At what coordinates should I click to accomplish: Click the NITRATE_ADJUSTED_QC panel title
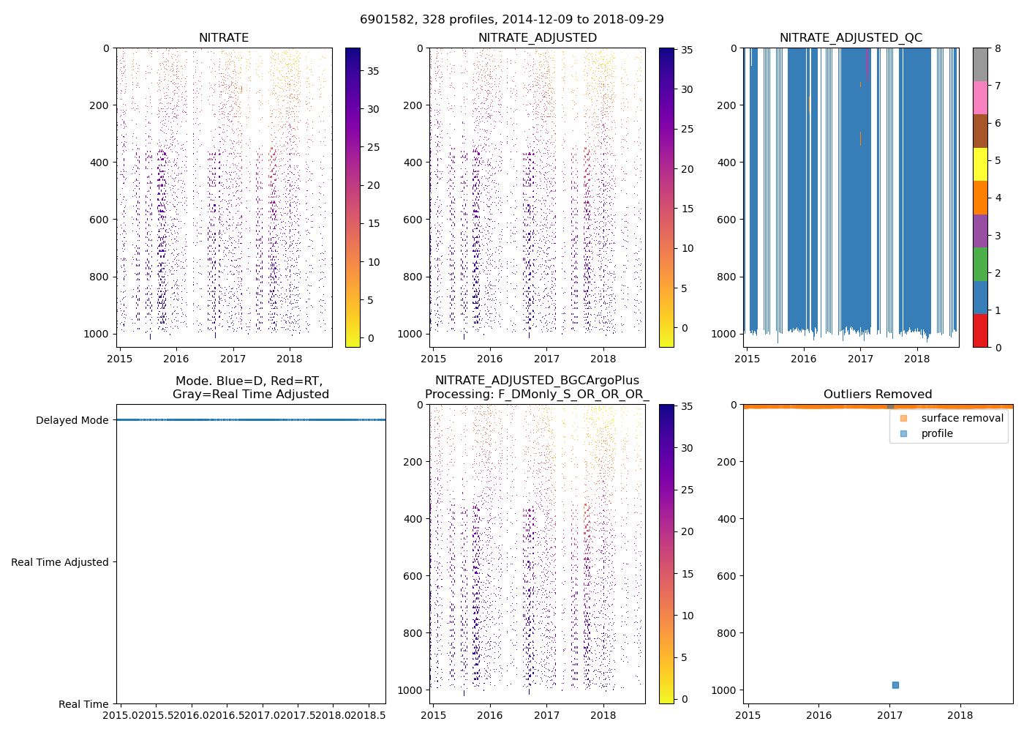tap(851, 38)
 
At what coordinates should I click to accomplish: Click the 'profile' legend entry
tap(937, 433)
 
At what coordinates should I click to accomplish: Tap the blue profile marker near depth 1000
tap(895, 685)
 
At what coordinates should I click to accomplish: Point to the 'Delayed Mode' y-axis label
tap(72, 420)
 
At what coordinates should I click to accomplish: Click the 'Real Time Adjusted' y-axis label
tap(59, 562)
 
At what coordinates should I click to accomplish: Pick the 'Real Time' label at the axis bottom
tap(83, 704)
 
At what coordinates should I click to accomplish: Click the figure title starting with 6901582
tap(512, 20)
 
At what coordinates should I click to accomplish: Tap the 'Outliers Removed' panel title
tap(878, 395)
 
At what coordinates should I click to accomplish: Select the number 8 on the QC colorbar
tap(998, 49)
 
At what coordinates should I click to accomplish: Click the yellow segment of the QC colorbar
tap(980, 164)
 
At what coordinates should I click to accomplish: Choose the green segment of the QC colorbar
tap(980, 264)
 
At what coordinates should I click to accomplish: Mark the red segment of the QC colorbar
tap(980, 331)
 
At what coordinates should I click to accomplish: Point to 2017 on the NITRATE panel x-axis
tap(233, 359)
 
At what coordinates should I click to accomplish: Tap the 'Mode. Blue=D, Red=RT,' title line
tap(249, 381)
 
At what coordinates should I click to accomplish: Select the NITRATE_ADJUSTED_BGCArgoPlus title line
tap(537, 381)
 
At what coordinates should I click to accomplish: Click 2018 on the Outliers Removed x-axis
tap(960, 715)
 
